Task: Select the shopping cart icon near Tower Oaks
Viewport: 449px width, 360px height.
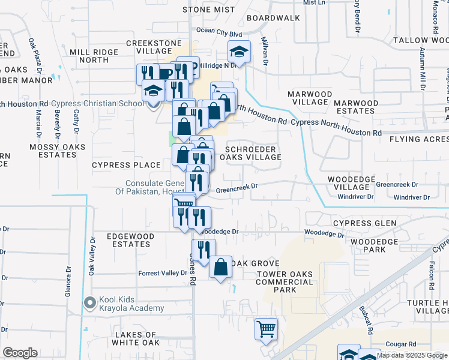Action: [266, 328]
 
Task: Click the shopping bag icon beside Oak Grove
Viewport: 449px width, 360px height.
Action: [220, 266]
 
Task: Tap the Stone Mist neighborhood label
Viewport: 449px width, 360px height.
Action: [208, 10]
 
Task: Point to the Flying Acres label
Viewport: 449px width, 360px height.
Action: [418, 139]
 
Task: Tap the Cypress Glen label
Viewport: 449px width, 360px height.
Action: [365, 223]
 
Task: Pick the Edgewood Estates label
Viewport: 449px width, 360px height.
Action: [128, 241]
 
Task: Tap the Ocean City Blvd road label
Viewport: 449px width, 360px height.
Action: [218, 32]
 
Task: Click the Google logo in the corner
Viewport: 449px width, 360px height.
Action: [20, 353]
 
